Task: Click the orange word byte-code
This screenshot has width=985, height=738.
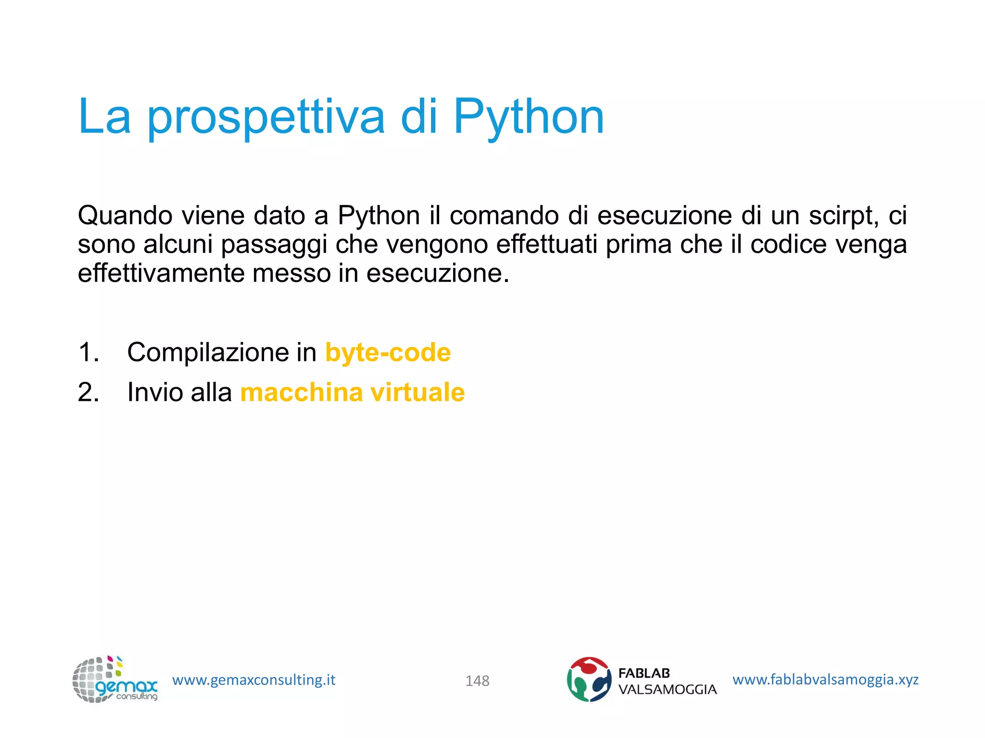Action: [x=388, y=352]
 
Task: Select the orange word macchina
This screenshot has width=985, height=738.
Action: [x=302, y=392]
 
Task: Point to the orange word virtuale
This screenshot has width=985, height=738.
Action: [x=417, y=392]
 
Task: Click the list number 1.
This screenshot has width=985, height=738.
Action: [x=88, y=352]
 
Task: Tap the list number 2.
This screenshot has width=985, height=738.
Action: [x=88, y=392]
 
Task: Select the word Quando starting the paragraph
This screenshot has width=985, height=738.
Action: [x=125, y=216]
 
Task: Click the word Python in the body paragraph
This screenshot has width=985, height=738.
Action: [x=379, y=216]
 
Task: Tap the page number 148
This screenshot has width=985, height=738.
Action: [x=477, y=681]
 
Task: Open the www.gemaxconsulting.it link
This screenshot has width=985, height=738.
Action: [x=253, y=680]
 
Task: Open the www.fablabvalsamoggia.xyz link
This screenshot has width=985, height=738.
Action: [x=825, y=679]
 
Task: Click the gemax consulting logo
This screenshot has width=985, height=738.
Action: [x=114, y=679]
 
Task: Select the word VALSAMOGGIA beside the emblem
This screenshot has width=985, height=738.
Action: [x=667, y=689]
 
